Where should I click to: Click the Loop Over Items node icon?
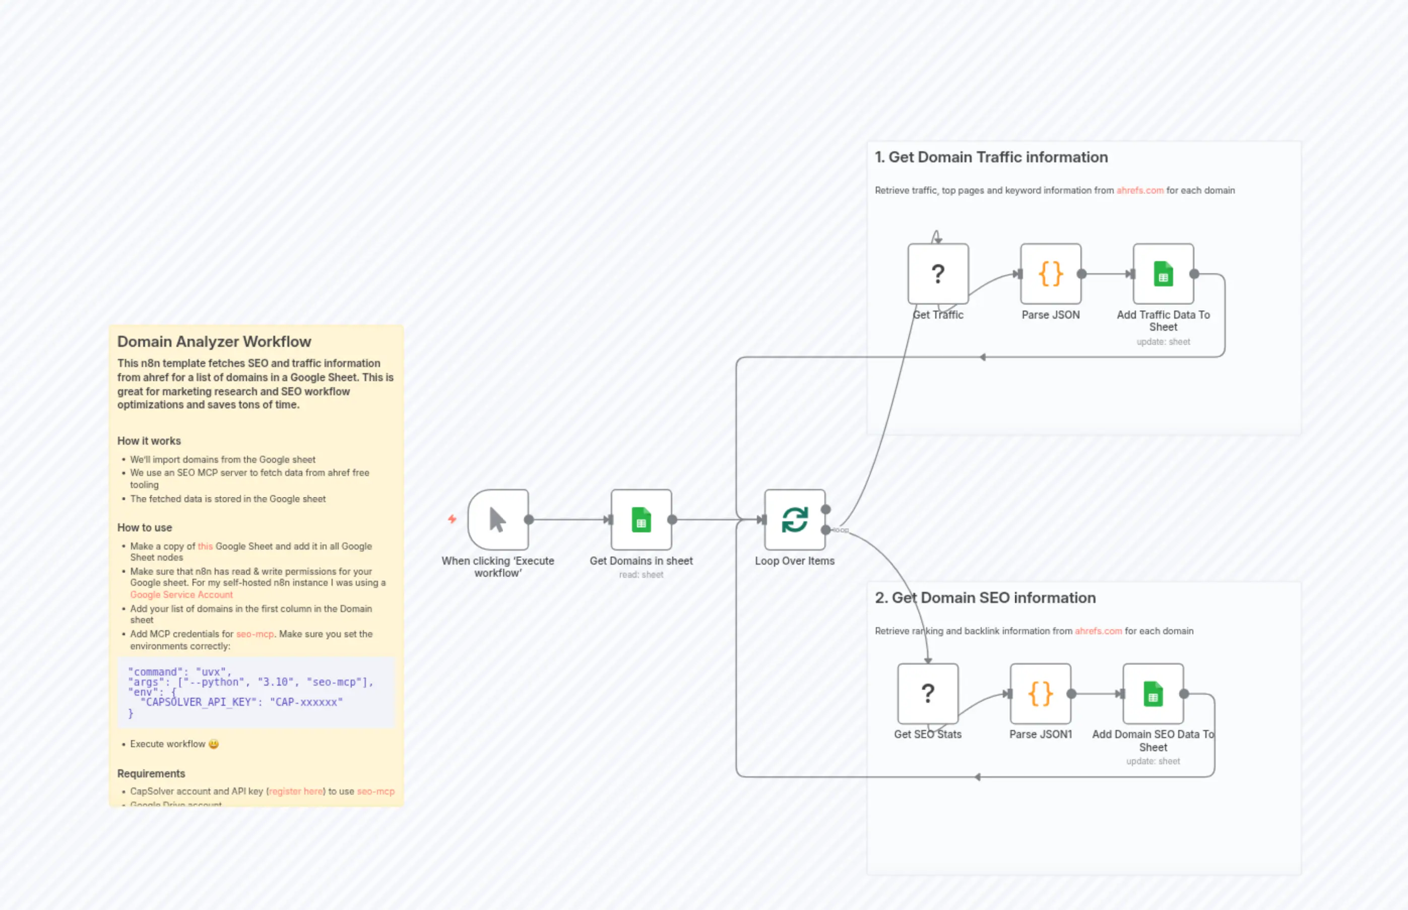click(794, 520)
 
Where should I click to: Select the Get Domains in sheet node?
click(641, 520)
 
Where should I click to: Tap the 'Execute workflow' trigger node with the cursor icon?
click(498, 520)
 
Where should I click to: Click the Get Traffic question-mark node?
click(938, 274)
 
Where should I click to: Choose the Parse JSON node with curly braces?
click(1051, 274)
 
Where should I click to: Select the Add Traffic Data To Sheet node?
click(1163, 274)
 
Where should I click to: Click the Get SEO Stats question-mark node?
click(927, 693)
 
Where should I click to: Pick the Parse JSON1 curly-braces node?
click(1040, 693)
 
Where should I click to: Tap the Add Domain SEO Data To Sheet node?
click(1153, 693)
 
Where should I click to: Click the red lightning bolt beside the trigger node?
click(452, 519)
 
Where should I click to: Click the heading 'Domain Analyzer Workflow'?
click(214, 341)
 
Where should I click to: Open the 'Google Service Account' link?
click(181, 594)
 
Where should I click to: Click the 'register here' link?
click(296, 791)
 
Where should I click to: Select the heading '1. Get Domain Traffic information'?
click(991, 157)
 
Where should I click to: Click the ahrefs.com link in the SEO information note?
click(1098, 631)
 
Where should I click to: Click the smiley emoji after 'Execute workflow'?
click(214, 744)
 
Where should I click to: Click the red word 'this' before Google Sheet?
click(205, 546)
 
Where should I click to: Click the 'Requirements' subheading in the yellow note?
click(151, 773)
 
